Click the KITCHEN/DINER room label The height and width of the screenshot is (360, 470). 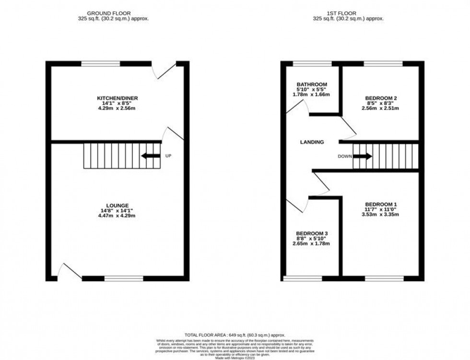click(117, 98)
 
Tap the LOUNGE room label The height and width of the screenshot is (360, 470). click(117, 205)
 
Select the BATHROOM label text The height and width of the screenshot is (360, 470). click(311, 84)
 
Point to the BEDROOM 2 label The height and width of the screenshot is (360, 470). click(381, 98)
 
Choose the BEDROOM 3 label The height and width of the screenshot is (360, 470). click(312, 233)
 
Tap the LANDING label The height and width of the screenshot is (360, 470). click(312, 142)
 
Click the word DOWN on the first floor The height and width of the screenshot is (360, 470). click(344, 156)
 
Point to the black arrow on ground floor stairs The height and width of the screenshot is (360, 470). click(150, 156)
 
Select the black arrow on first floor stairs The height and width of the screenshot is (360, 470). click(363, 156)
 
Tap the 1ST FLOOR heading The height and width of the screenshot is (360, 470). click(348, 13)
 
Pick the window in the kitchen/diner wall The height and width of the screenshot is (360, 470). click(101, 63)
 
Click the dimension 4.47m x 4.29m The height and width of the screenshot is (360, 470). click(117, 216)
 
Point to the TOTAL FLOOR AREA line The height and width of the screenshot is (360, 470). click(235, 335)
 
